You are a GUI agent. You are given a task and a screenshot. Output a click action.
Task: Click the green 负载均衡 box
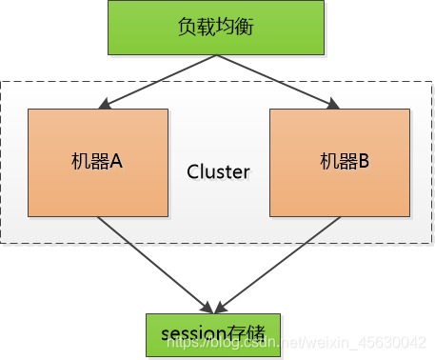(218, 27)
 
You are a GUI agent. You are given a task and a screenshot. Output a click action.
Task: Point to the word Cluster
(218, 172)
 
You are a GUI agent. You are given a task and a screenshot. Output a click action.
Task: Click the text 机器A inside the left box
(97, 162)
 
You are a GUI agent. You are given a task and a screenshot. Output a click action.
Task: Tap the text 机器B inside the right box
(344, 162)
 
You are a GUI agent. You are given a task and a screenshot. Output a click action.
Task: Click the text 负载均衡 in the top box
(218, 27)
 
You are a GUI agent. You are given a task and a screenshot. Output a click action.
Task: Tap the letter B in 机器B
(363, 162)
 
